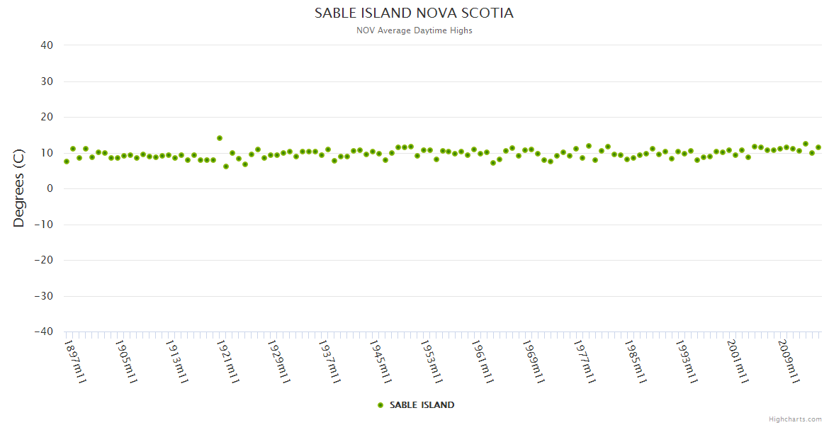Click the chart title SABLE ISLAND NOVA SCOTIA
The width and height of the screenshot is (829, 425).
pyautogui.click(x=414, y=13)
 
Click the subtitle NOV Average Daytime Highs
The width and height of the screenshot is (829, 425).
pyautogui.click(x=414, y=30)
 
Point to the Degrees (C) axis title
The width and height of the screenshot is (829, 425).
pyautogui.click(x=19, y=188)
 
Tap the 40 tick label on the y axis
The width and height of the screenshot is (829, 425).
pyautogui.click(x=47, y=45)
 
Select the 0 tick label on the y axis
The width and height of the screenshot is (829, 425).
pyautogui.click(x=50, y=188)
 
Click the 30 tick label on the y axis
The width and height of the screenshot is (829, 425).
pyautogui.click(x=47, y=81)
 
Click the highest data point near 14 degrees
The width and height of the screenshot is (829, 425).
pyautogui.click(x=220, y=138)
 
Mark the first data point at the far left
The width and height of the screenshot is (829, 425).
pyautogui.click(x=67, y=161)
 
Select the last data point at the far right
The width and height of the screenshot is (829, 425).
pyautogui.click(x=818, y=147)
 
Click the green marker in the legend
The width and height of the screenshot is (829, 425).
pyautogui.click(x=380, y=405)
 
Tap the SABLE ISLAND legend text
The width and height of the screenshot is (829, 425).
pyautogui.click(x=422, y=405)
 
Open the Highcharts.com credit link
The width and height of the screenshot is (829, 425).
pyautogui.click(x=795, y=419)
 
